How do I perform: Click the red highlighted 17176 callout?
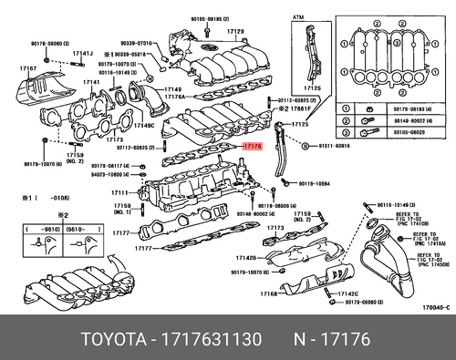pos(252,144)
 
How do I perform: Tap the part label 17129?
pos(237,32)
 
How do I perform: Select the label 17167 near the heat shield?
pos(27,68)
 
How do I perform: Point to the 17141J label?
pos(83,54)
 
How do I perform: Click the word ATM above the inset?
pos(296,17)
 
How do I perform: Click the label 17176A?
pos(174,96)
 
